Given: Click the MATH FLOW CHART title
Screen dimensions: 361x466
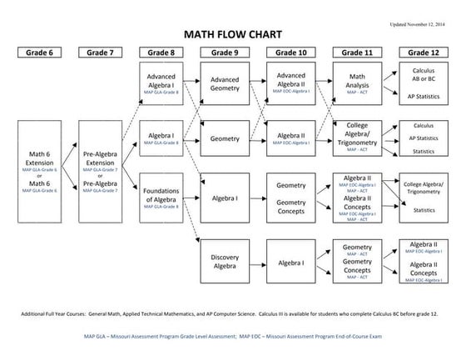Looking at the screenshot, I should coord(232,35).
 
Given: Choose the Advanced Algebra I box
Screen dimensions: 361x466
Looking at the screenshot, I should coord(161,85).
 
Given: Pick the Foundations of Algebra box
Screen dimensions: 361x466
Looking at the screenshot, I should coord(161,198).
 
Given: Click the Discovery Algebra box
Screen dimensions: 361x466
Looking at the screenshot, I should coord(225,261).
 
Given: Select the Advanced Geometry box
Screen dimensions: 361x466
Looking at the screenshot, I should coord(225,85).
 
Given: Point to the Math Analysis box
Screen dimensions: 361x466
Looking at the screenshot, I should coord(357,85).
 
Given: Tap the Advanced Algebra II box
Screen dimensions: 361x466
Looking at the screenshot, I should coord(290,85).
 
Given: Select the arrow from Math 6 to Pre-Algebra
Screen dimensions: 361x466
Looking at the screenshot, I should coord(71,172).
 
